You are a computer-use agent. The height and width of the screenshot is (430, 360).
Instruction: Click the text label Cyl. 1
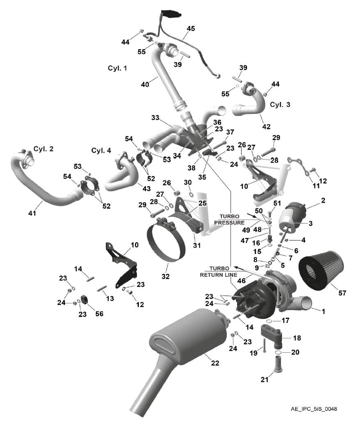118,68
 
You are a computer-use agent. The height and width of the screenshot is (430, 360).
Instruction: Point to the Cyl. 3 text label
280,104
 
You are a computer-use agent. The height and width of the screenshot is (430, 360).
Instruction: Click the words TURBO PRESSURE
229,220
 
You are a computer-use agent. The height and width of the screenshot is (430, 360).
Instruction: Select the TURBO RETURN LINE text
219,271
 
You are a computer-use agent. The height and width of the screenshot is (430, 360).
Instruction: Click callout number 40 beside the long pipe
145,84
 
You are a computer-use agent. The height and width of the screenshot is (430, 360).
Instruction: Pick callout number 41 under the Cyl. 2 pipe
32,213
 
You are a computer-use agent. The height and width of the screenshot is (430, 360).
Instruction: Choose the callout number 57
342,293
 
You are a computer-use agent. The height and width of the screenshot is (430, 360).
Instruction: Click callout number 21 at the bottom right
265,380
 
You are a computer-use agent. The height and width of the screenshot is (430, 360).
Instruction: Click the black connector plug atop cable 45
171,13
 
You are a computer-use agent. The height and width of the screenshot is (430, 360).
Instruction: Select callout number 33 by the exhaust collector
155,118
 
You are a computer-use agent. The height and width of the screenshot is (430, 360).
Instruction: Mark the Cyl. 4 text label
102,150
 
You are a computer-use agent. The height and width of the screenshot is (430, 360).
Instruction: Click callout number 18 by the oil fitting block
297,338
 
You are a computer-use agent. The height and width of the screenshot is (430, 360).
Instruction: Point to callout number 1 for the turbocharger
323,311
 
